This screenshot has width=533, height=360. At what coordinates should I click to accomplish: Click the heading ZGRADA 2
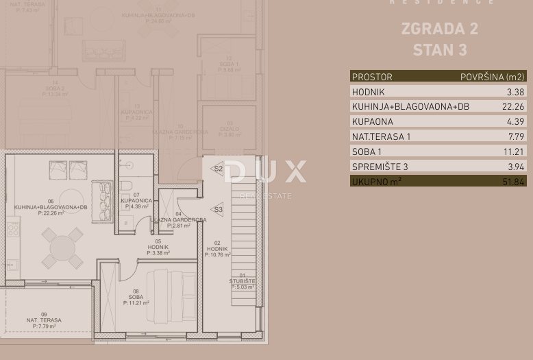[439, 29]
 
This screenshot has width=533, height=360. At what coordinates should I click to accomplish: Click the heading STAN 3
[439, 50]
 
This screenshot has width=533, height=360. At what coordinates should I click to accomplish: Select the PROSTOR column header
[372, 77]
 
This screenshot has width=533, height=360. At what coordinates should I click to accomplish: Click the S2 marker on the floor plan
[218, 168]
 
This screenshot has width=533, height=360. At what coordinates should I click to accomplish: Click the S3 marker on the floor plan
[218, 210]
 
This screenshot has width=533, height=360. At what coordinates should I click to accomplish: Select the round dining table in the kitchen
[62, 246]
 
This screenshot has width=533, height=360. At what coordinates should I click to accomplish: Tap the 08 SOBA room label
[136, 296]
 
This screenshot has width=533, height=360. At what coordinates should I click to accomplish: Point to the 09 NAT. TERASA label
[44, 320]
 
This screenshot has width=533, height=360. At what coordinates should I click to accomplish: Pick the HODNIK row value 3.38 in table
[515, 91]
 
